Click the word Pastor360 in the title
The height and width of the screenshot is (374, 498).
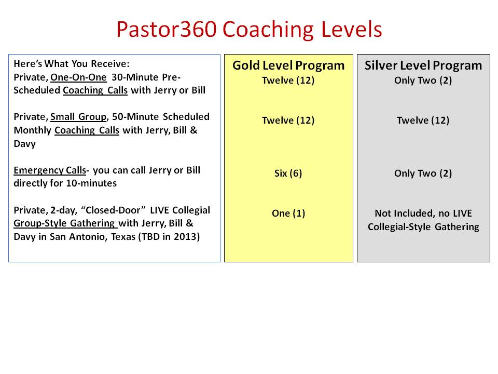tap(167, 29)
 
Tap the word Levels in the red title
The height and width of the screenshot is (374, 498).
tap(351, 29)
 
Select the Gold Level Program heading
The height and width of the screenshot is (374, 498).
tap(288, 65)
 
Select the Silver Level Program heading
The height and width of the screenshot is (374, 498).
tap(423, 65)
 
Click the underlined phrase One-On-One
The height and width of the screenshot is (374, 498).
tap(78, 77)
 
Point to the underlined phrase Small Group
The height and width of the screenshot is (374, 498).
tap(78, 117)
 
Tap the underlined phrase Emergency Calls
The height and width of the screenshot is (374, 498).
tap(50, 170)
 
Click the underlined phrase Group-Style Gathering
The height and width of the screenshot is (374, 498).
tap(65, 223)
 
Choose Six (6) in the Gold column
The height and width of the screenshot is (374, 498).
tap(288, 173)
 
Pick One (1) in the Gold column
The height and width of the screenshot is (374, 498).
tap(288, 213)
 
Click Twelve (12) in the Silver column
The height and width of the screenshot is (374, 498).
tap(423, 121)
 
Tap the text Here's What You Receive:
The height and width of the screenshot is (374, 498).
tap(72, 63)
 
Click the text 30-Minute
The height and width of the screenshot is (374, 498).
tap(135, 77)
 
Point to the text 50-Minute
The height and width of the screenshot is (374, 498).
tap(136, 117)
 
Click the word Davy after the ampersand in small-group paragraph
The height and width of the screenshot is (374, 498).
tap(25, 144)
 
